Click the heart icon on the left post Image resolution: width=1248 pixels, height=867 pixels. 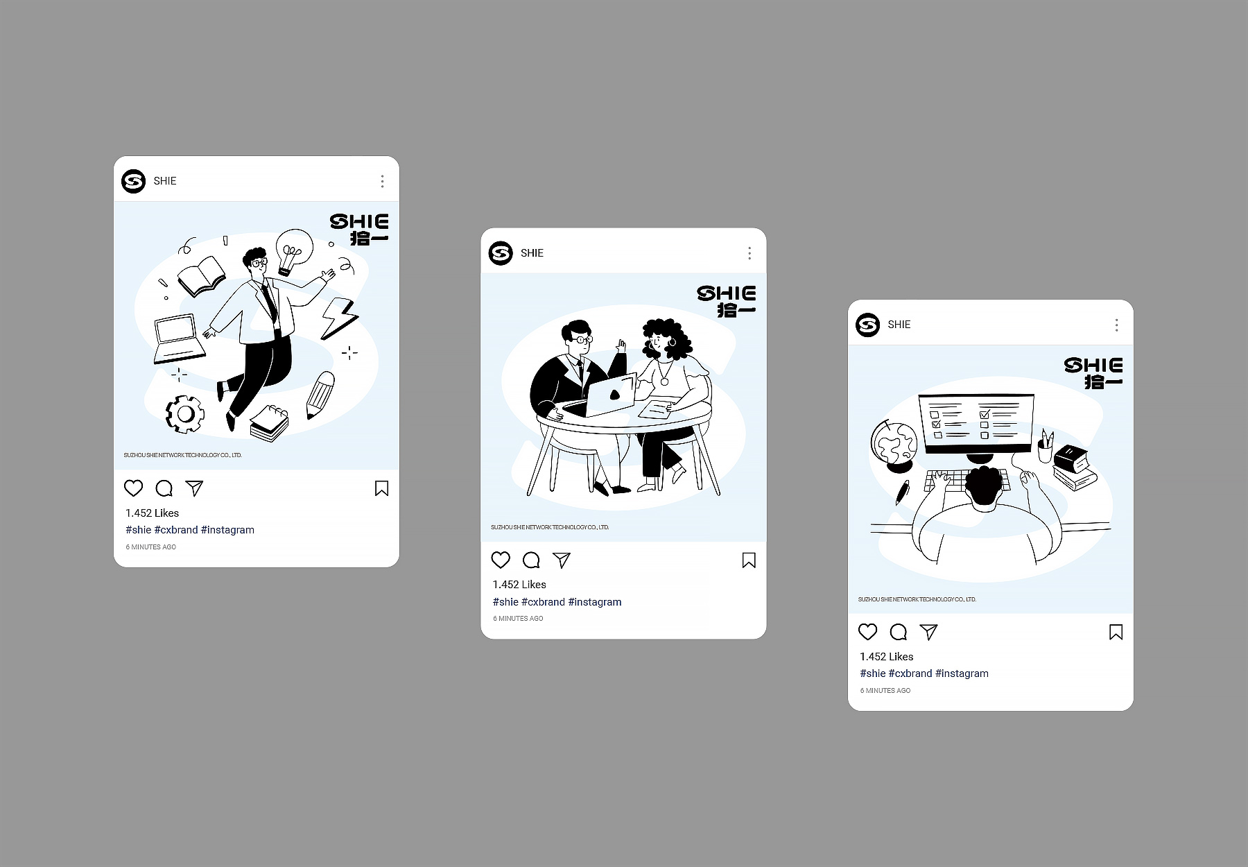tap(133, 488)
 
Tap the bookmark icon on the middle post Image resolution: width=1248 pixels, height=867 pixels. tap(749, 560)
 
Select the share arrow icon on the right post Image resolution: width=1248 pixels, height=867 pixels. tap(928, 632)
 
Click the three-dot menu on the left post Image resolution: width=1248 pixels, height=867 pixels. tap(382, 182)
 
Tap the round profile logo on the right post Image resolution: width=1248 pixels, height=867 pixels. tap(867, 325)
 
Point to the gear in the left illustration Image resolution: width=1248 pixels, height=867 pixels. tap(185, 414)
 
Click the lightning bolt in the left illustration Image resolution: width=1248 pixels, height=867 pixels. tap(340, 319)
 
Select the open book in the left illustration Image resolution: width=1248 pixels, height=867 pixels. tap(201, 276)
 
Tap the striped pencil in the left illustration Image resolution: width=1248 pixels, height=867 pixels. tap(320, 395)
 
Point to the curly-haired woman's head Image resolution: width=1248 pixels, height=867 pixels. tap(664, 339)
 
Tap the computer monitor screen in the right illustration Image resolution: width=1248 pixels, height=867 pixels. tap(976, 423)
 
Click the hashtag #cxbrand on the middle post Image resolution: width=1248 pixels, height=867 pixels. tap(543, 602)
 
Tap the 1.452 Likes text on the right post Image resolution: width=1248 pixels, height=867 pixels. tap(887, 657)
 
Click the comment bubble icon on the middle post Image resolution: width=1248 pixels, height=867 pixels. tap(531, 560)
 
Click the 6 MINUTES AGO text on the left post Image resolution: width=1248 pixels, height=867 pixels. tap(151, 547)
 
